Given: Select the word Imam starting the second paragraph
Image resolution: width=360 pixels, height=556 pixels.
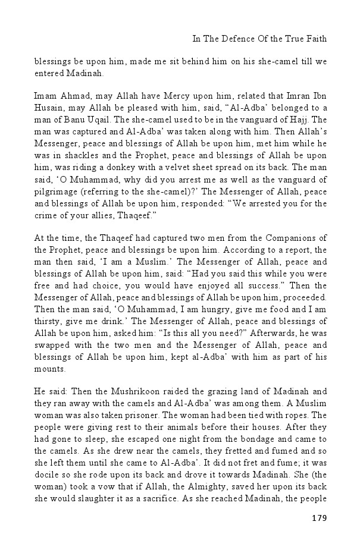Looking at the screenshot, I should (x=45, y=96).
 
